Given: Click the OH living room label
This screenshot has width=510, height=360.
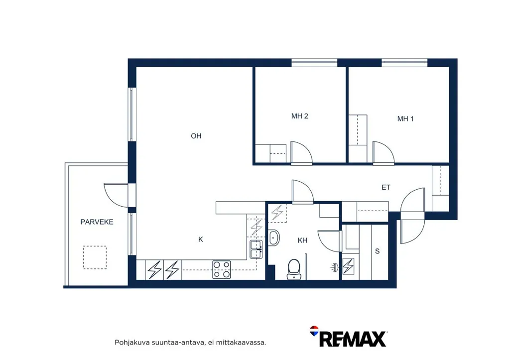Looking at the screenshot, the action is click(196, 136).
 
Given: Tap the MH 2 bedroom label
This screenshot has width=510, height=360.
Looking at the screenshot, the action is click(299, 116).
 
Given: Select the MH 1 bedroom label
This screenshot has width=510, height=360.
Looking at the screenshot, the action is click(405, 119).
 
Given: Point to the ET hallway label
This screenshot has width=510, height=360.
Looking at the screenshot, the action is click(386, 187).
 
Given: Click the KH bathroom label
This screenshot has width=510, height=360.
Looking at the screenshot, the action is click(302, 240).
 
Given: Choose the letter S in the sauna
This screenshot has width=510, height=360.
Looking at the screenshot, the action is click(378, 251).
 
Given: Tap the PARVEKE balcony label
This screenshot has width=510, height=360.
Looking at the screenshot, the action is click(97, 222).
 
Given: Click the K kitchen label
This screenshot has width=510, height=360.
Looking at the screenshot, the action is click(201, 240).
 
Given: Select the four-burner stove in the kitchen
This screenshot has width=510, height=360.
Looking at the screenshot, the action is click(222, 269).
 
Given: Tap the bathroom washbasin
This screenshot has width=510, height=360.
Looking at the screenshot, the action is click(274, 238).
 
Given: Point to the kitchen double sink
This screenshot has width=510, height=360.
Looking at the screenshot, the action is click(256, 249).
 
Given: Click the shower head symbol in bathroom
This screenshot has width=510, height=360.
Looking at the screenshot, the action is click(335, 267).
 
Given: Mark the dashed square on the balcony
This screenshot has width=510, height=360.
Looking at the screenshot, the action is click(95, 257).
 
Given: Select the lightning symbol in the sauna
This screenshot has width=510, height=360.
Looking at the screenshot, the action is click(348, 266).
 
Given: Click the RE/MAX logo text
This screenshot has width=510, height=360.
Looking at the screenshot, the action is click(353, 339).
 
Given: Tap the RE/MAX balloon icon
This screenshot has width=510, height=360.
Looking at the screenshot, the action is click(314, 331).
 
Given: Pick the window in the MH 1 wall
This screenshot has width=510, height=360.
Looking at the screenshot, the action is click(404, 63).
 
